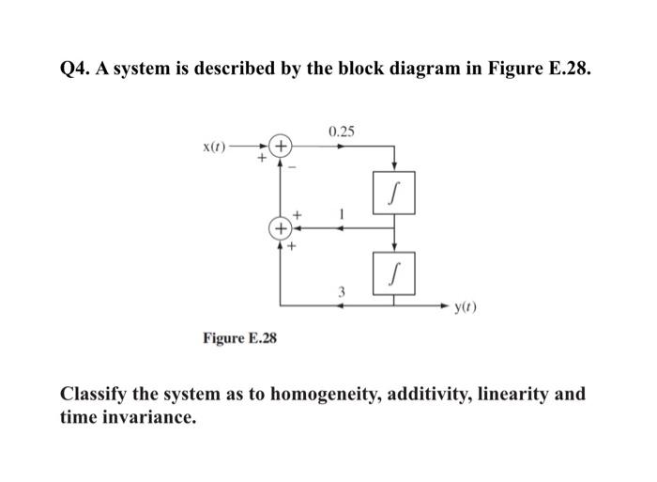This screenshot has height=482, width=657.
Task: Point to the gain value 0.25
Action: tap(343, 131)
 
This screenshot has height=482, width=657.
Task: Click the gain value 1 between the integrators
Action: tap(343, 214)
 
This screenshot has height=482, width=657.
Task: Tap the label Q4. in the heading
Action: tap(78, 69)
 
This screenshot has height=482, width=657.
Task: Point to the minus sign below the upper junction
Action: tap(293, 167)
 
